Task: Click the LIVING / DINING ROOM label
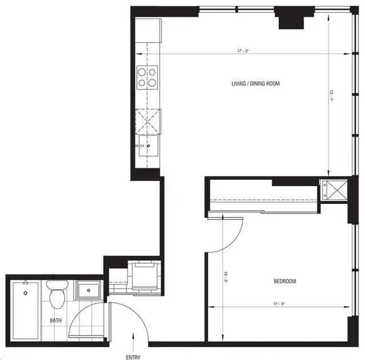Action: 255,84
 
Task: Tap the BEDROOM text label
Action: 285,281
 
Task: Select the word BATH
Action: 55,321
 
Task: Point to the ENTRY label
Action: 133,357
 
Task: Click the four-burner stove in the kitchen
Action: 147,77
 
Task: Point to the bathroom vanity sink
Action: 88,291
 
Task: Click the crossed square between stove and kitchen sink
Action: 147,120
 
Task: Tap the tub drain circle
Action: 26,293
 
